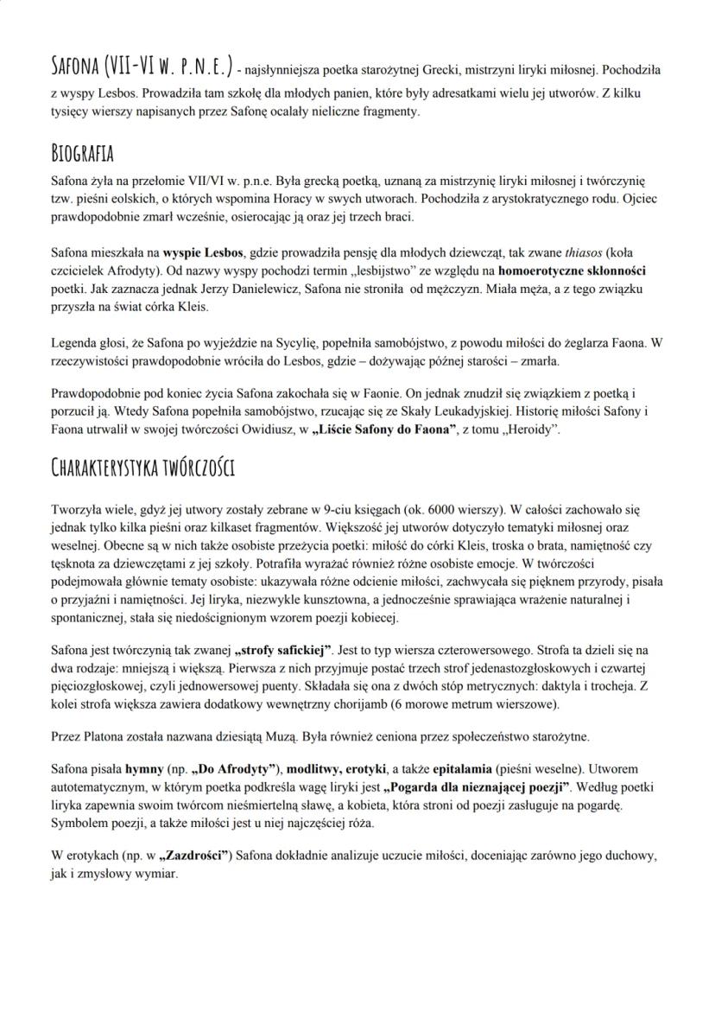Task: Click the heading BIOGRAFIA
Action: pyautogui.click(x=83, y=155)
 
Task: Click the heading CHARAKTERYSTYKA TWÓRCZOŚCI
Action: pyautogui.click(x=143, y=469)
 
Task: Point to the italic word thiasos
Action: pyautogui.click(x=582, y=253)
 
